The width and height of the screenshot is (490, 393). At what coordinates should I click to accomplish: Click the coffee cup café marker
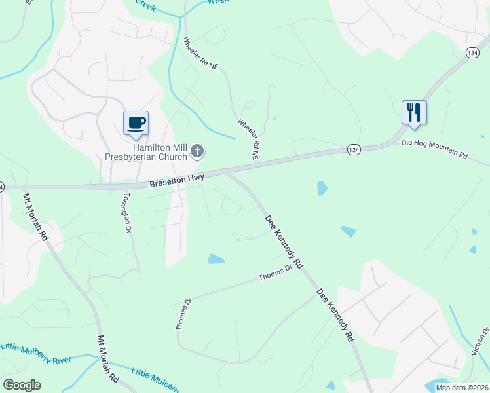pos(136,123)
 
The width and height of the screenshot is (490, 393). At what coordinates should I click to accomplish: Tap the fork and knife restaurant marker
pos(414,112)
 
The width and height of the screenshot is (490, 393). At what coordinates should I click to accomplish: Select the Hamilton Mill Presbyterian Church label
pos(147,153)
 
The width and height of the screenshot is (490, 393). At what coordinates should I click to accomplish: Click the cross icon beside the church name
pos(197,153)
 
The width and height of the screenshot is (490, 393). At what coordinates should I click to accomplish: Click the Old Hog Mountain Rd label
pos(434,149)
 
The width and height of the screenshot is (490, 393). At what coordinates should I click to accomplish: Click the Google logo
pos(22,385)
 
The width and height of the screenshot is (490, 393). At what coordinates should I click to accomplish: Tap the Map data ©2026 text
pos(462,388)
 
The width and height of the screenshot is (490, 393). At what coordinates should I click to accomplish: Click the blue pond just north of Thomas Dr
pos(216,259)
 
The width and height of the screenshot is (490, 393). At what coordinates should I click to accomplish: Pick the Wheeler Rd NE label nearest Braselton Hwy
pos(249,139)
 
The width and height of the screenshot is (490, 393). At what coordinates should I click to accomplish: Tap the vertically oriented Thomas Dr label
pos(183,315)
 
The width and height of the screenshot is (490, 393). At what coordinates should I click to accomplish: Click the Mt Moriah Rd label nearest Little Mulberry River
pos(107,359)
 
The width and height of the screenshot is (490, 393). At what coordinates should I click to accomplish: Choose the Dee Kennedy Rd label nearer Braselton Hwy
pos(284,242)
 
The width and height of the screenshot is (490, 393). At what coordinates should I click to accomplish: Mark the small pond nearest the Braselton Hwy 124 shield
pos(322,189)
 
